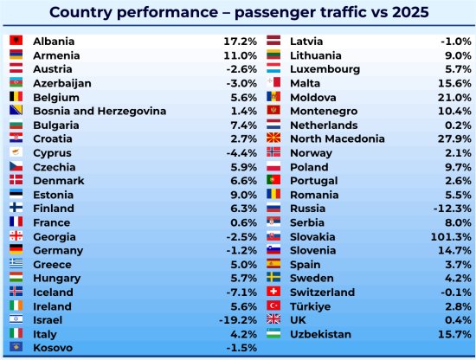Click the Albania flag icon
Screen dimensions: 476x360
click(16, 41)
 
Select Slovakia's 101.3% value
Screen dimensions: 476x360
click(451, 237)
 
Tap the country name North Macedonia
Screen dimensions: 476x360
click(338, 138)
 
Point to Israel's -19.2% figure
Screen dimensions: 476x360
click(238, 320)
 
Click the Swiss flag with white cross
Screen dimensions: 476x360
click(273, 292)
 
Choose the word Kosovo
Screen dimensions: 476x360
click(53, 348)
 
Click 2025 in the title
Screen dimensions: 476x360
click(410, 12)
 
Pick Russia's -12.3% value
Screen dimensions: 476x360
click(453, 209)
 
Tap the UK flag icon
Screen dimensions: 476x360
click(273, 319)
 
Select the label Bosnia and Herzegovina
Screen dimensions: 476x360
click(100, 111)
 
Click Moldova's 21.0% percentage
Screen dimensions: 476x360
click(454, 98)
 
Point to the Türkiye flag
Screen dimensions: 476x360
click(273, 305)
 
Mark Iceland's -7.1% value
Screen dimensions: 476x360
click(241, 292)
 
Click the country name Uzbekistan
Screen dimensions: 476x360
click(320, 335)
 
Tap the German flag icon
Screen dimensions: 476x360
click(16, 249)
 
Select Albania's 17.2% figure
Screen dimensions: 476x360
click(240, 42)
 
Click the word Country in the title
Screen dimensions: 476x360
click(80, 12)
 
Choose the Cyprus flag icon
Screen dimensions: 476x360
click(16, 152)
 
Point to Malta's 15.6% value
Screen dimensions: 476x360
click(454, 83)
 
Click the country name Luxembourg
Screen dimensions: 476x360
click(325, 69)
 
